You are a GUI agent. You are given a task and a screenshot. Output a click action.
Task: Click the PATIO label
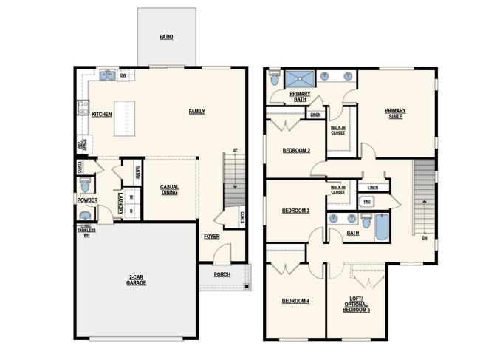coord(167,36)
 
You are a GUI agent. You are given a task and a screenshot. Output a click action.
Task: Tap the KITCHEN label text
coord(101,114)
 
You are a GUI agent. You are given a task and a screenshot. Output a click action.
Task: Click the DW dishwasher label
coord(123,75)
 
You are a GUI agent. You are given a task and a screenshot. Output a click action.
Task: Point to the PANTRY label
coord(137,171)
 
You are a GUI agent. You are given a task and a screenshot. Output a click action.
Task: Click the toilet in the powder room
coord(85,184)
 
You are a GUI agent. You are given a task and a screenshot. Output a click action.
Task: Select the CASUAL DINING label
coord(170,190)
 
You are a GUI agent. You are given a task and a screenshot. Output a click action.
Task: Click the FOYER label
coord(212,237)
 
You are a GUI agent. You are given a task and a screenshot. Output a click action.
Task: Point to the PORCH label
coord(222,274)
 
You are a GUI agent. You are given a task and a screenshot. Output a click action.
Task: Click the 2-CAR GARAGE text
coord(136,280)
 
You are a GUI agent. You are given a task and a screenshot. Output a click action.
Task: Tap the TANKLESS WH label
coord(86,232)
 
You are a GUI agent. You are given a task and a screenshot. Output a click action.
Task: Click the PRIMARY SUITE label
coord(395,114)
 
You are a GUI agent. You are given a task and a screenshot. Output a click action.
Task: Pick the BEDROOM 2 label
coord(296,151)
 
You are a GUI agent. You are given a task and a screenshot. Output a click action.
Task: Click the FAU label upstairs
coord(367,201)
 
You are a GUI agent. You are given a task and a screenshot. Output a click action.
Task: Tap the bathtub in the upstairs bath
coord(381,226)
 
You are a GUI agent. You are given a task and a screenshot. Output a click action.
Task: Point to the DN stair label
coord(424,238)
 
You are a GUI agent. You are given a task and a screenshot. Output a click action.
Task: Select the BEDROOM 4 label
coord(296,301)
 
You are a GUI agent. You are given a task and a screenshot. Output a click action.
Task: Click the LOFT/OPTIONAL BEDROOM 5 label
coord(356,304)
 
